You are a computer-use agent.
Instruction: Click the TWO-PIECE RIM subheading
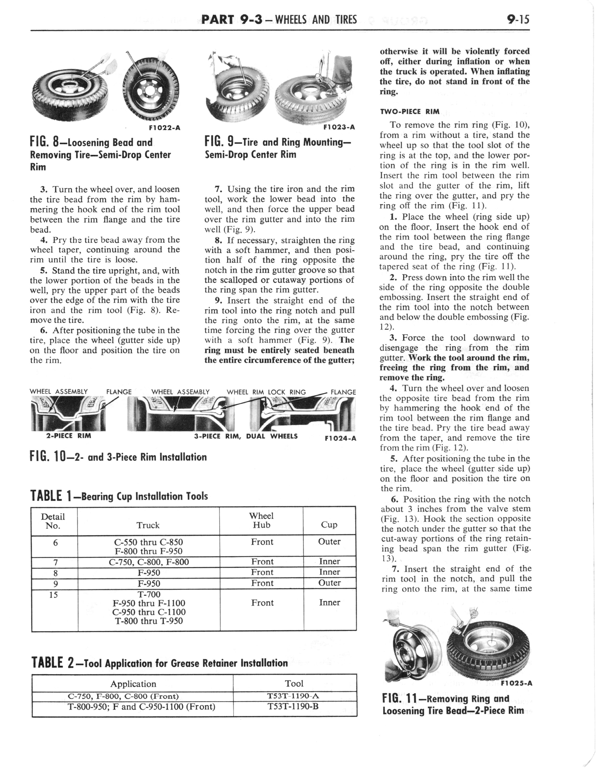pos(409,111)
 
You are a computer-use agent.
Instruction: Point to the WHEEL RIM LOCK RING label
pos(266,392)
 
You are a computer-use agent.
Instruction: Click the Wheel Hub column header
pos(261,520)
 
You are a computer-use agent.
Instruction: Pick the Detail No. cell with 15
pos(54,594)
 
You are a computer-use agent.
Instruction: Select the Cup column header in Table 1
pos(329,525)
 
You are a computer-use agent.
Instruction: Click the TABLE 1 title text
pos(119,495)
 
